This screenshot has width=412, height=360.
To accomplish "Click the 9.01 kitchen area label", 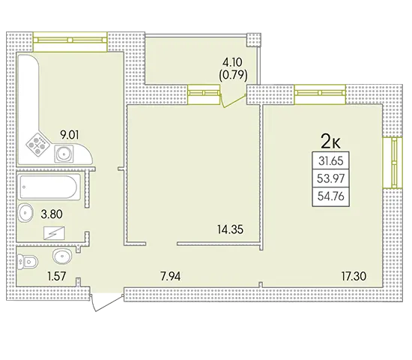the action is [x=70, y=135].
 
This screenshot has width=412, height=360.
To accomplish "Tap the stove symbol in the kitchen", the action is [x=38, y=145].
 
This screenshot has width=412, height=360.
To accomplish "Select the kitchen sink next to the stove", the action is [x=64, y=154].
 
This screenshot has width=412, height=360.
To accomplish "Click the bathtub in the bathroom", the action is [x=49, y=187].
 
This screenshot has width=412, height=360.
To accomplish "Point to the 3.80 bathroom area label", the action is [x=52, y=214].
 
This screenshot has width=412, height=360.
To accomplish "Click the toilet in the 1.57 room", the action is [x=28, y=262].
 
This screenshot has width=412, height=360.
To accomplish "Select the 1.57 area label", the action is [x=56, y=276].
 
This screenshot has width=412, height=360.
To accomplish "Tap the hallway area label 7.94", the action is [x=170, y=277].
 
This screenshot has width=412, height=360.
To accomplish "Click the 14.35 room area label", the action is [x=230, y=229].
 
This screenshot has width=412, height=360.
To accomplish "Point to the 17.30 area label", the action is [x=354, y=276].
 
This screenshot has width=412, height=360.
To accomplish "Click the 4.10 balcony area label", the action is [x=232, y=63].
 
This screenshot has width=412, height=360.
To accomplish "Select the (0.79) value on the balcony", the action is [x=233, y=76].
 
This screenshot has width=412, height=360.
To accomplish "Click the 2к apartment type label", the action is [x=330, y=142].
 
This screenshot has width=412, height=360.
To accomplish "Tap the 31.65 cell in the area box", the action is [x=331, y=160].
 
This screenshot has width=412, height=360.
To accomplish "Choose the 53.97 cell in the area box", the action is [x=331, y=178].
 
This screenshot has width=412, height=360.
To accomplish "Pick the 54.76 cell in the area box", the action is [x=331, y=196].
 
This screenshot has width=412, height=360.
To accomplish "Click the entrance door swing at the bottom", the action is [x=106, y=303].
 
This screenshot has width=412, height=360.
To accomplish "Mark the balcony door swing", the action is [x=234, y=100].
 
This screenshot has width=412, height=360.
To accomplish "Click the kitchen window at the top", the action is [x=70, y=41].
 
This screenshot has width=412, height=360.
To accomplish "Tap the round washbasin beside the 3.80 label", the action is [x=25, y=213].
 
